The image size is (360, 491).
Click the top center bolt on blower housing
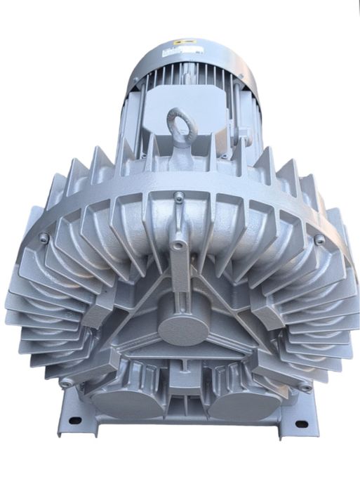pos(180,197)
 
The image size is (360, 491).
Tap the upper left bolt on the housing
pos(44,238)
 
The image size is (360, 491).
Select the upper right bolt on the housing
pos(319,240)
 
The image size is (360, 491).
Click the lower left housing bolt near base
pos(65,383)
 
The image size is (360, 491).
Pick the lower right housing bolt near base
pos(306,386)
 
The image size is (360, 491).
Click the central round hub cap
pos(184,325)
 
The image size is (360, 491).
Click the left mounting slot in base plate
pos(74,421)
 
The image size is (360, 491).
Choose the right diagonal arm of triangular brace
pos(232,309)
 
